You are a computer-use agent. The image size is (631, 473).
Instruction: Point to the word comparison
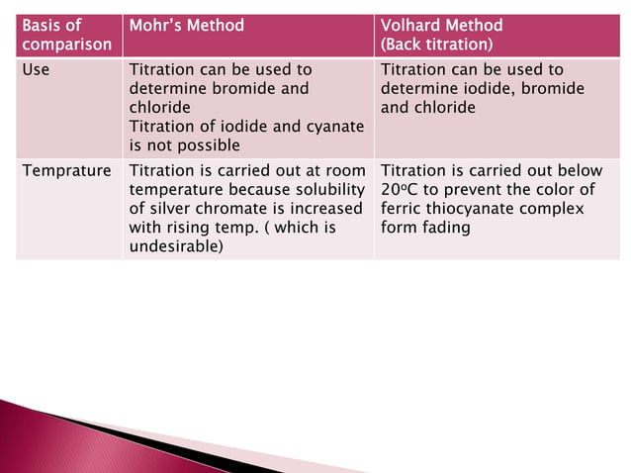coord(66,45)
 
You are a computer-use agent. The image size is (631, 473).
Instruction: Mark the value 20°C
coord(397,189)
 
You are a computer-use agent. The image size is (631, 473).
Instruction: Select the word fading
coord(445,228)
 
